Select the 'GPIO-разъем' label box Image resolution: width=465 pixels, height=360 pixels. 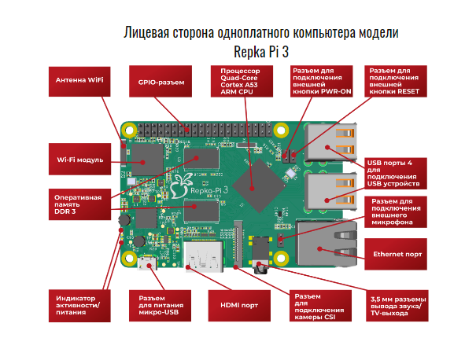(x=161, y=81)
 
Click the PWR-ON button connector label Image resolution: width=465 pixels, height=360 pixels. (x=320, y=81)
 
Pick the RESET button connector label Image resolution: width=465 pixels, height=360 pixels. (x=398, y=81)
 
